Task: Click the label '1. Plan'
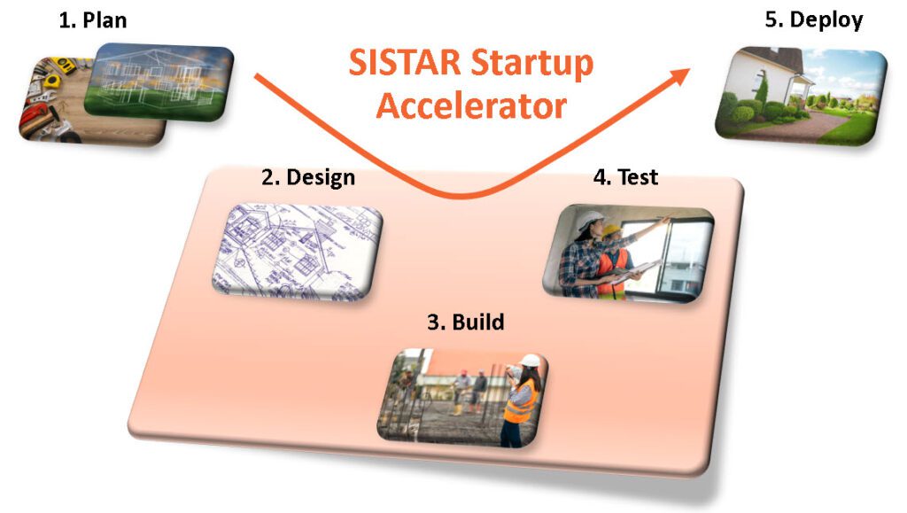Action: [x=92, y=20]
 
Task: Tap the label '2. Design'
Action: [x=308, y=177]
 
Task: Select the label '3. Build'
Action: [x=466, y=322]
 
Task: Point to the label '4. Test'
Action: [x=626, y=176]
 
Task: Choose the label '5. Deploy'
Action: [x=814, y=20]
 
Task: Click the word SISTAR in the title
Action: [x=405, y=62]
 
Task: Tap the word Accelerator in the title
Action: [x=471, y=105]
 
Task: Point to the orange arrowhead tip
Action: [x=690, y=69]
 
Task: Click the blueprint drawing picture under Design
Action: [x=297, y=253]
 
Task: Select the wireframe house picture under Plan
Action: [x=159, y=82]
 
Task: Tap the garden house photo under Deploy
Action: [x=801, y=96]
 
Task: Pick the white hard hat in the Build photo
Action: [x=530, y=361]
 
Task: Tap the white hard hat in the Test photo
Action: [x=591, y=221]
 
